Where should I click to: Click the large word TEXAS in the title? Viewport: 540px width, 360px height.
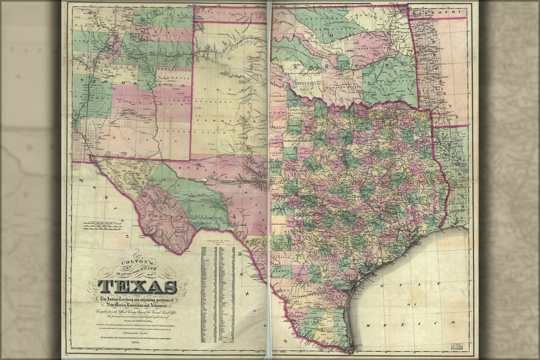point(137,287)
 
